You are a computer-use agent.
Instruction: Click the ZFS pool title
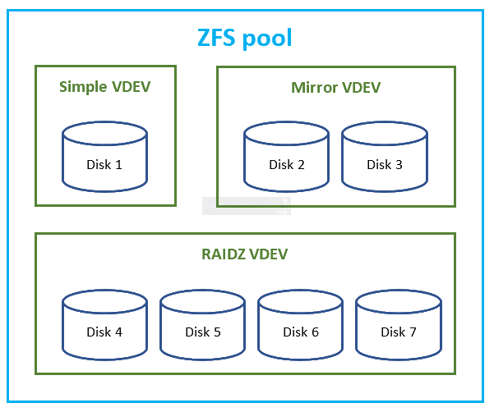click(x=245, y=38)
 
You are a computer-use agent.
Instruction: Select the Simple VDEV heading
click(x=105, y=87)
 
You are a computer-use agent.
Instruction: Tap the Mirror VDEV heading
click(x=336, y=88)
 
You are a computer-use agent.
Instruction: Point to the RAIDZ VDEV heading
click(x=244, y=254)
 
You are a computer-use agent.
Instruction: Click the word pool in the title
click(x=267, y=39)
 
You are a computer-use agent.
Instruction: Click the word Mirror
click(x=314, y=88)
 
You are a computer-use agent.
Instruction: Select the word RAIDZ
click(x=224, y=254)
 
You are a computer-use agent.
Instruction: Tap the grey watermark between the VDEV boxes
click(x=247, y=206)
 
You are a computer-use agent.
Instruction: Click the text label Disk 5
click(x=203, y=332)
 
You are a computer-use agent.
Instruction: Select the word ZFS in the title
click(x=216, y=38)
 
